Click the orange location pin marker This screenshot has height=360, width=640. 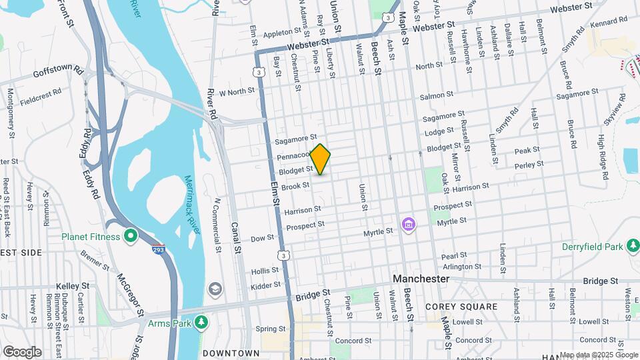tap(321, 159)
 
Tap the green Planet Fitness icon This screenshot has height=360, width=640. tap(131, 236)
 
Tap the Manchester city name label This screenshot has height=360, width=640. tap(421, 278)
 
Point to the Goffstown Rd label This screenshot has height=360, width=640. tap(57, 69)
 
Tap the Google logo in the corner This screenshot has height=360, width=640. tap(22, 351)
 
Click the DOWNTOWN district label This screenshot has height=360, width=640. tap(231, 353)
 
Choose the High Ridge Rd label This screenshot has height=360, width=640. tap(603, 158)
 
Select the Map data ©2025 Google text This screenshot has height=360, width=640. tap(599, 355)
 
